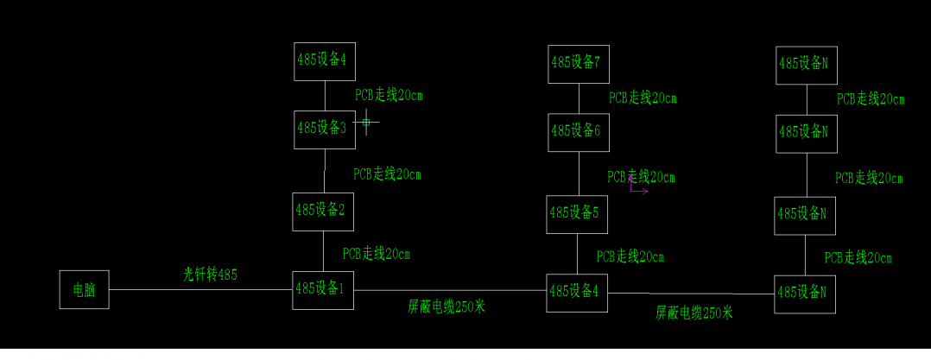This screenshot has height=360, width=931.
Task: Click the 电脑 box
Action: (x=85, y=289)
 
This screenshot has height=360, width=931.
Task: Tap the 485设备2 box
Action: (x=323, y=211)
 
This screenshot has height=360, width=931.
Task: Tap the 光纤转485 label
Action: (x=210, y=275)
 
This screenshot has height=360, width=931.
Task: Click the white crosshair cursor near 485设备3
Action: (x=366, y=123)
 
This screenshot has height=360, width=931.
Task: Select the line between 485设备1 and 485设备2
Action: (x=323, y=250)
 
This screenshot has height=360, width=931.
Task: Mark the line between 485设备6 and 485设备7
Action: (x=579, y=98)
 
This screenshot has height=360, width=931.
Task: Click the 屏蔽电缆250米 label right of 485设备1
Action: (x=446, y=306)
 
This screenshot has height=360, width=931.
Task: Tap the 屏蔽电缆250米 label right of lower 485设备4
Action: (x=693, y=313)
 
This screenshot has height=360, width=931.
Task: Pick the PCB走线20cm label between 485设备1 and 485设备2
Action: (x=377, y=254)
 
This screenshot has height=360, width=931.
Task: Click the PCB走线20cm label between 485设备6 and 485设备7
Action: (x=643, y=98)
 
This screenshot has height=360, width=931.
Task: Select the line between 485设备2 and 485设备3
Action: (x=325, y=171)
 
